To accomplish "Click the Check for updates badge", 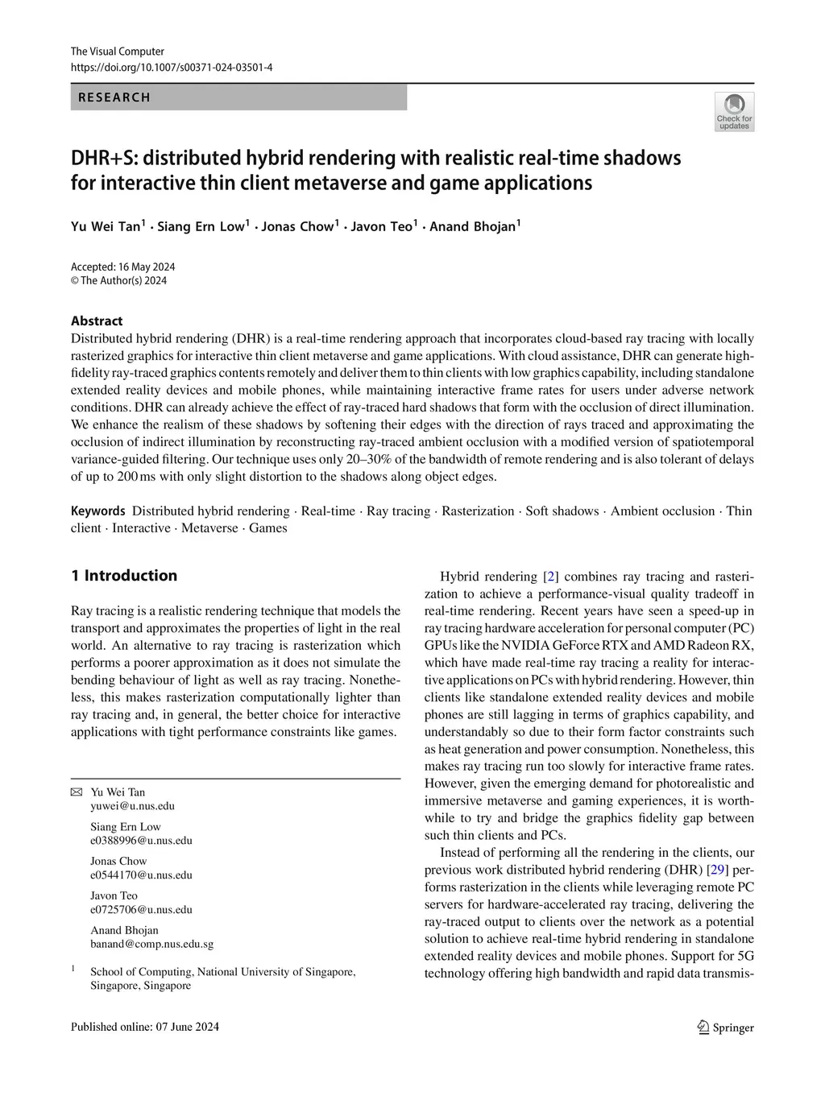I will (734, 112).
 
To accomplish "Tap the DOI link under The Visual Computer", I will (172, 68).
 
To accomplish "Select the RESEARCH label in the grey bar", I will (114, 97).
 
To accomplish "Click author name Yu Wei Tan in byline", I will (106, 226).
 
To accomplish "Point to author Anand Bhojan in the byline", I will (473, 226).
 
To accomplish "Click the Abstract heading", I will (97, 321).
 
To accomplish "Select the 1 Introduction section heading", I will (124, 576).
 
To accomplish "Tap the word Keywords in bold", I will (97, 511).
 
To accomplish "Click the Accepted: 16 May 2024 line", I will (122, 267).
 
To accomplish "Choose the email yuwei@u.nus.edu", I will (132, 806).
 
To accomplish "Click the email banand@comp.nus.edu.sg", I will (151, 944).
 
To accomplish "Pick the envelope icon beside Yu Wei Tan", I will (77, 792).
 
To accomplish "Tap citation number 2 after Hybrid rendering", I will (551, 577).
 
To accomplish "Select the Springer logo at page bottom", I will (725, 1028).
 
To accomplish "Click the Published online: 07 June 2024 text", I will (145, 1027).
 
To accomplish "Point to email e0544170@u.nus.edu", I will (141, 875).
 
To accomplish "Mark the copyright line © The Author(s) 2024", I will (119, 281).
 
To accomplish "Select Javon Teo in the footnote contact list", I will (114, 895).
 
